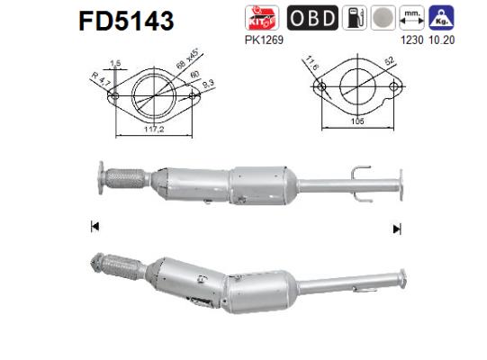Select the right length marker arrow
click(x=397, y=229)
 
